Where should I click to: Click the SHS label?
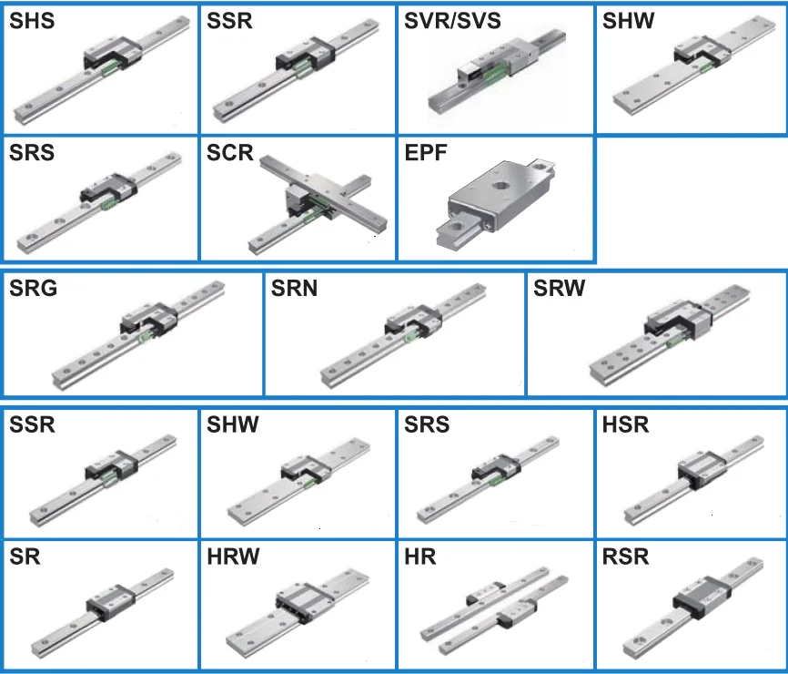click(32, 20)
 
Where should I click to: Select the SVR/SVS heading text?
click(452, 20)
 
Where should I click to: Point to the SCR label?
click(229, 152)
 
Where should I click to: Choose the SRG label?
click(34, 290)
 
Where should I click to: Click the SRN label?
click(294, 290)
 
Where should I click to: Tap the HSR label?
click(626, 424)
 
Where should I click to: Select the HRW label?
click(233, 557)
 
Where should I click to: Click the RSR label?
click(626, 557)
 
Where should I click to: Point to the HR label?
click(420, 557)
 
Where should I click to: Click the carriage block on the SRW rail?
click(675, 322)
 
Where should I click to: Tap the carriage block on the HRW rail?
click(301, 602)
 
